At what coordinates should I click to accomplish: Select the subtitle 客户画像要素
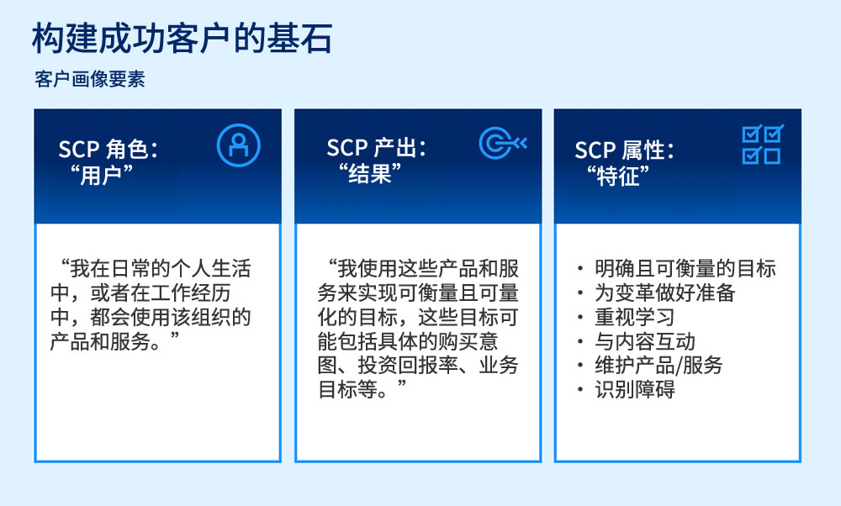pos(90,80)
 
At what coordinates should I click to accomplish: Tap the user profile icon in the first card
pos(239,145)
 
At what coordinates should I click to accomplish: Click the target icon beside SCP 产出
pos(502,144)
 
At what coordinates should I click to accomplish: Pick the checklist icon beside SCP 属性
pos(762,145)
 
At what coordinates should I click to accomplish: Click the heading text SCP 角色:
pos(108,149)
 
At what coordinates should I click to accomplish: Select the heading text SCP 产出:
pos(377,149)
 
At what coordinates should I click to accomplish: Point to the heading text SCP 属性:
pos(625,150)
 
